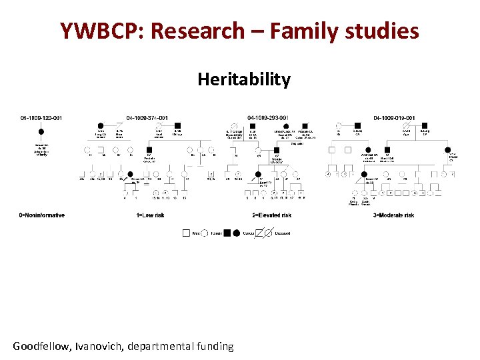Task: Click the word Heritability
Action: point(244,80)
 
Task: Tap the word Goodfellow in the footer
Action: point(43,346)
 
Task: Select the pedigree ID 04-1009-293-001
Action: point(268,119)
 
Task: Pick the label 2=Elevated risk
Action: point(272,215)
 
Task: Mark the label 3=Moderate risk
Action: point(393,215)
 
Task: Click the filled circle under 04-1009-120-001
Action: point(41,132)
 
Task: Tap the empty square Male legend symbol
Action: point(186,233)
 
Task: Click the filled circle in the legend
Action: point(236,233)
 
